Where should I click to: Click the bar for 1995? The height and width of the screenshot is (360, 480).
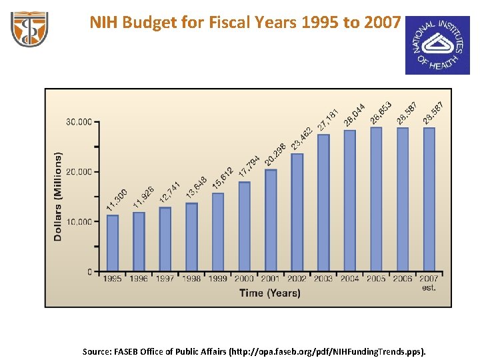[x=113, y=243]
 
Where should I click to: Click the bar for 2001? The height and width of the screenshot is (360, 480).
[x=271, y=220]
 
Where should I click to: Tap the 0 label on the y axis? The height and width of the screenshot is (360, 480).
[x=89, y=272]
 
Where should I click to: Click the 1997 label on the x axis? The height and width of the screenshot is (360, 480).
[x=165, y=279]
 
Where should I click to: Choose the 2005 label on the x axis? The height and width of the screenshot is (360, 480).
[x=376, y=279]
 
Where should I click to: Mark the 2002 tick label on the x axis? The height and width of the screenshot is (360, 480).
[x=297, y=279]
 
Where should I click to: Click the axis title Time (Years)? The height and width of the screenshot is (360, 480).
[x=269, y=293]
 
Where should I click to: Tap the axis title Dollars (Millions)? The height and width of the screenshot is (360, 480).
[x=58, y=197]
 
